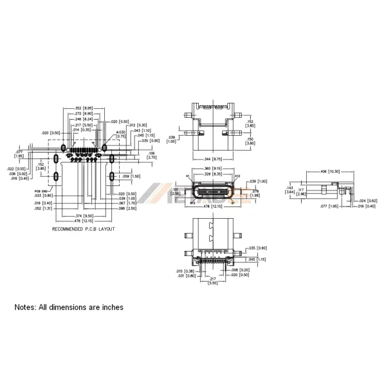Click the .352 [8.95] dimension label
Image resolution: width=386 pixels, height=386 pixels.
(84, 108)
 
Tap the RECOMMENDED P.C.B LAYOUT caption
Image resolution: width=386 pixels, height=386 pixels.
(83, 229)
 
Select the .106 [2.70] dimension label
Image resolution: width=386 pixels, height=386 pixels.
(152, 154)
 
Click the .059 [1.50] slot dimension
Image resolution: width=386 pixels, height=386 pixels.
(131, 176)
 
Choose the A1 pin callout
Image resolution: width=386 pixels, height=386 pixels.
(188, 176)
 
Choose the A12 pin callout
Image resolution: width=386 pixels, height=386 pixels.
(237, 176)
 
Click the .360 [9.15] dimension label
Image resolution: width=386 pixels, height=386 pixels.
(212, 169)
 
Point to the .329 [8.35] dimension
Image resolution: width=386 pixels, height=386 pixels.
(212, 174)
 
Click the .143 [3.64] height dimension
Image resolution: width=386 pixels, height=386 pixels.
(290, 190)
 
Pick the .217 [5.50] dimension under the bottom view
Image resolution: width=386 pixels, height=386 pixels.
(212, 280)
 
